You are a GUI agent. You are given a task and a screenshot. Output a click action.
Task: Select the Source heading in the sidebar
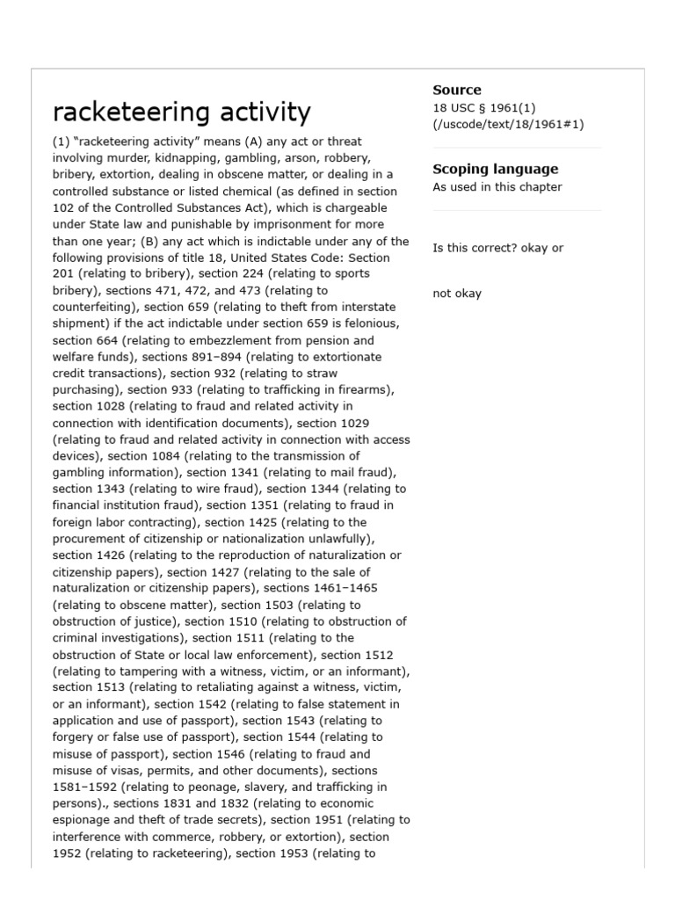click(456, 90)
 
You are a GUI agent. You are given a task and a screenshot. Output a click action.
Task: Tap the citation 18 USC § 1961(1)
click(483, 108)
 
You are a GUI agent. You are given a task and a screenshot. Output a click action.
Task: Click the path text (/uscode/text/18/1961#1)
click(507, 125)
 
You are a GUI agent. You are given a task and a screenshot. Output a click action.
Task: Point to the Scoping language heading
click(495, 169)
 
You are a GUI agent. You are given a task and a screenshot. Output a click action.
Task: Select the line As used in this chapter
click(497, 187)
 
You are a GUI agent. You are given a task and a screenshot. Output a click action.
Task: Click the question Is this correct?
click(483, 248)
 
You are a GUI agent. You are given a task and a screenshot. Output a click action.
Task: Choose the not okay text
click(456, 294)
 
